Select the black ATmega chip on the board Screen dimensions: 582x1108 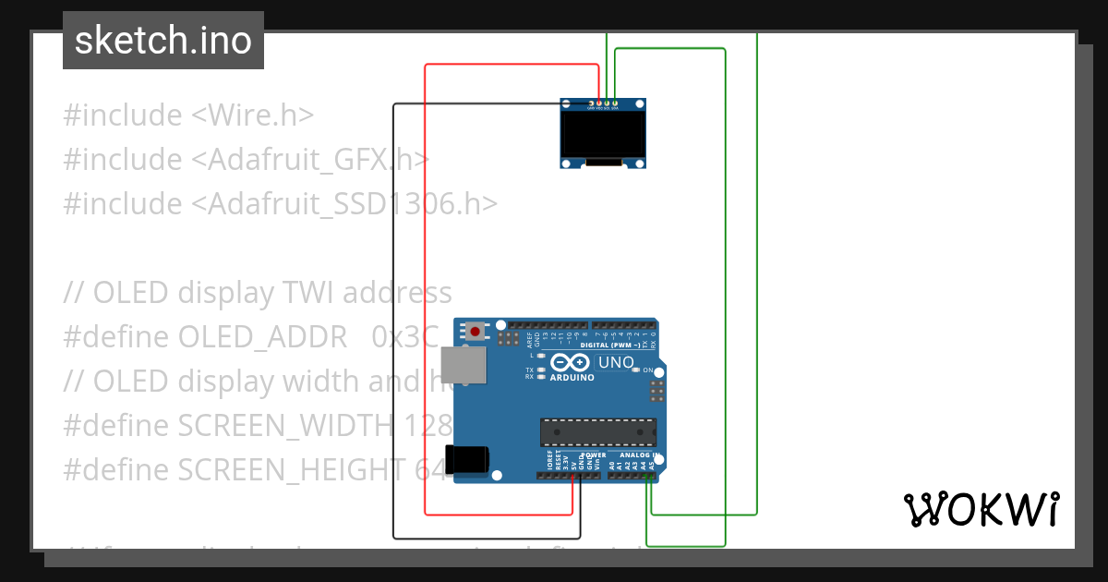click(x=598, y=432)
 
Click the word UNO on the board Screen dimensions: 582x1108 click(x=616, y=362)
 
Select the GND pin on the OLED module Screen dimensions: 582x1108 click(x=591, y=103)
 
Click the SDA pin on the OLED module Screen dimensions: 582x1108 click(x=616, y=103)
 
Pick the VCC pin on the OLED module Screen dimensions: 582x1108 click(x=599, y=103)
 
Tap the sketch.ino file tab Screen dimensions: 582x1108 click(x=163, y=41)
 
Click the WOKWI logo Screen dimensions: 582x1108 click(x=981, y=509)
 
